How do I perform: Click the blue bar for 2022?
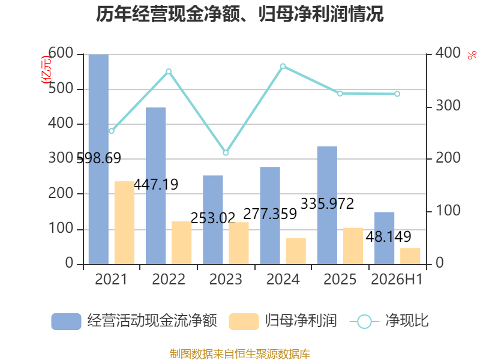pyautogui.click(x=155, y=186)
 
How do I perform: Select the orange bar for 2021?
pyautogui.click(x=124, y=223)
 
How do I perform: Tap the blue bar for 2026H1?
pyautogui.click(x=384, y=238)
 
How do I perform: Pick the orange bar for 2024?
pyautogui.click(x=296, y=251)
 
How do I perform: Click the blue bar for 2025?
pyautogui.click(x=327, y=205)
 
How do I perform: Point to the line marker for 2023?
pyautogui.click(x=226, y=153)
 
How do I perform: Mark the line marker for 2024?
pyautogui.click(x=283, y=67)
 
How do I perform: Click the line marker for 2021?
pyautogui.click(x=112, y=131)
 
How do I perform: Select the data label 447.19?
pyautogui.click(x=156, y=184)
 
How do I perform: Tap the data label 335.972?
pyautogui.click(x=327, y=203)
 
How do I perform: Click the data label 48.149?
pyautogui.click(x=388, y=236)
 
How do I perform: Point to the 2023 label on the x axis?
pyautogui.click(x=226, y=279)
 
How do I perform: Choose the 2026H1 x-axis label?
pyautogui.click(x=397, y=279)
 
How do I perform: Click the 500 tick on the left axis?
pyautogui.click(x=61, y=88)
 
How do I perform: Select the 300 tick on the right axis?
pyautogui.click(x=448, y=106)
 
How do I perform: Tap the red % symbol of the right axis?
pyautogui.click(x=472, y=55)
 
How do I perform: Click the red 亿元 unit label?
pyautogui.click(x=46, y=70)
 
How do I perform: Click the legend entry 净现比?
pyautogui.click(x=389, y=321)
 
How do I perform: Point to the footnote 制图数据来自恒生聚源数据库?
pyautogui.click(x=240, y=354)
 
